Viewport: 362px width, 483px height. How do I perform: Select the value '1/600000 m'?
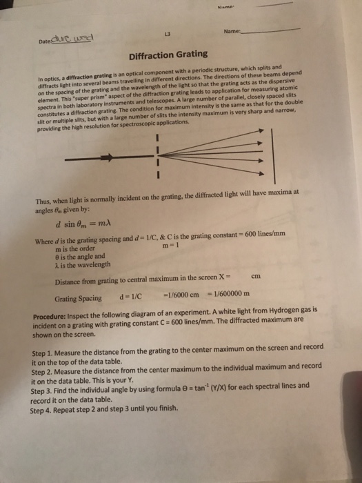(225, 298)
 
